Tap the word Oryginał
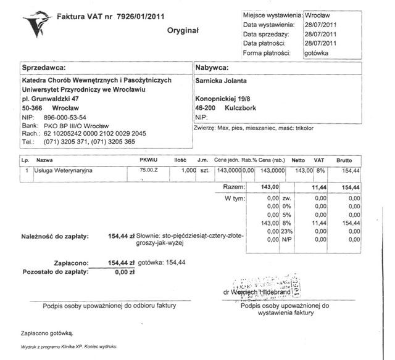coord(183,30)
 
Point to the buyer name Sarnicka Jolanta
coord(222,80)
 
